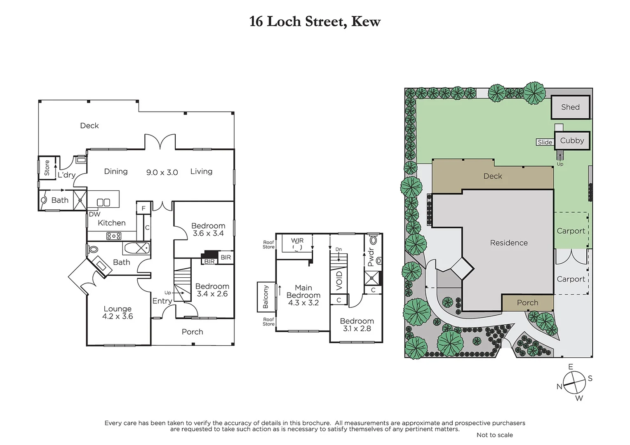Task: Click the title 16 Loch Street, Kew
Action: click(315, 21)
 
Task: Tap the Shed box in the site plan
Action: click(570, 107)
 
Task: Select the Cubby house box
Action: click(572, 141)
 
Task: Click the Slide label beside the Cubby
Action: click(545, 142)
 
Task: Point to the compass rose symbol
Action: click(574, 382)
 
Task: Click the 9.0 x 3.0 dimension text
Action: click(162, 173)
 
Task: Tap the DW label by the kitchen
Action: click(94, 214)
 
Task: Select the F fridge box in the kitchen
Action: click(143, 208)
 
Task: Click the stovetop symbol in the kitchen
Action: click(114, 236)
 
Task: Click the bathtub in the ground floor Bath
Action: click(136, 248)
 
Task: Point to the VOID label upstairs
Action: click(339, 280)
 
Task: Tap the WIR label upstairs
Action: click(297, 241)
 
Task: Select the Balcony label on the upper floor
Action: click(266, 297)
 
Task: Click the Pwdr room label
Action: click(370, 257)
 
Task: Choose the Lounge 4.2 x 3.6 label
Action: click(118, 312)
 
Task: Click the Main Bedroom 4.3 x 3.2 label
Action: click(303, 295)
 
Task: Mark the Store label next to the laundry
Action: click(47, 168)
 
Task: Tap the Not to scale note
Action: click(494, 435)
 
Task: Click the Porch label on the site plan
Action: click(527, 303)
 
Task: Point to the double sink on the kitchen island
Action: click(103, 202)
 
